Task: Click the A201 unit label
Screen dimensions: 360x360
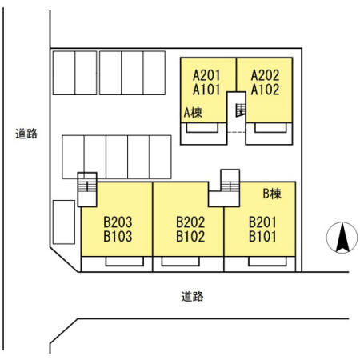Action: pyautogui.click(x=207, y=75)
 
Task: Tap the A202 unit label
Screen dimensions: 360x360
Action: pyautogui.click(x=265, y=75)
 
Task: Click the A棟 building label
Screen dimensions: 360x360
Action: pyautogui.click(x=193, y=113)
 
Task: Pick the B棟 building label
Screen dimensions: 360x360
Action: pyautogui.click(x=273, y=193)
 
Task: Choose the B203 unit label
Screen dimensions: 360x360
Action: pyautogui.click(x=117, y=222)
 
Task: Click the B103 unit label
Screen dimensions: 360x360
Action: pyautogui.click(x=117, y=236)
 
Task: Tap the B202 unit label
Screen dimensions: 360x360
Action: pyautogui.click(x=190, y=222)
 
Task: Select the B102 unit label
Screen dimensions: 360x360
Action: pyautogui.click(x=190, y=236)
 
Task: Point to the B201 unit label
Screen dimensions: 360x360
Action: pyautogui.click(x=262, y=222)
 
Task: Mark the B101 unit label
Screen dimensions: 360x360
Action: pyautogui.click(x=262, y=236)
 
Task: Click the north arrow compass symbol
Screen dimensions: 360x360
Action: pyautogui.click(x=341, y=238)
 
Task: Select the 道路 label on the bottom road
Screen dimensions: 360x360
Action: pyautogui.click(x=192, y=296)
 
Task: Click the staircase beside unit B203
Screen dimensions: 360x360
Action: pyautogui.click(x=87, y=190)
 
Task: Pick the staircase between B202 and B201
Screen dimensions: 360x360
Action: pyautogui.click(x=230, y=182)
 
